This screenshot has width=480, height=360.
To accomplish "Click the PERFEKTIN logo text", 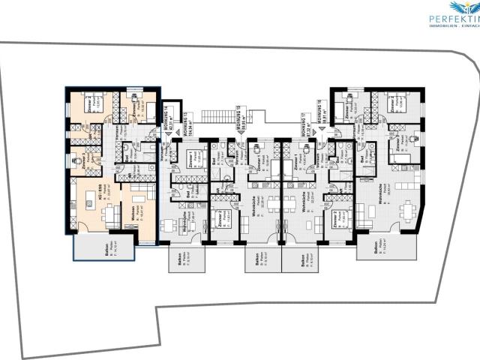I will (x=453, y=17).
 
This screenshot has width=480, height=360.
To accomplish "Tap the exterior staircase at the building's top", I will (x=223, y=117).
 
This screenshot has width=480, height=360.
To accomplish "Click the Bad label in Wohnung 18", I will (x=364, y=159).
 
